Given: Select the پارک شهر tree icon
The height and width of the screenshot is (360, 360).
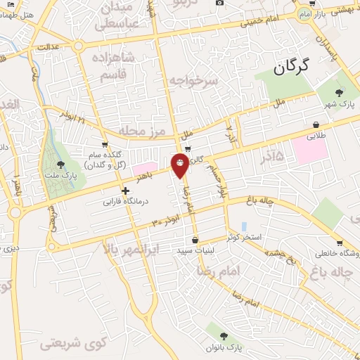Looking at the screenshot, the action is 340,91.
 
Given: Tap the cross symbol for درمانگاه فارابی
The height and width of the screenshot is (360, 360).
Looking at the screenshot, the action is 125,191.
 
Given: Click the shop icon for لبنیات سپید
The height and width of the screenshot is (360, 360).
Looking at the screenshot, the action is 195,240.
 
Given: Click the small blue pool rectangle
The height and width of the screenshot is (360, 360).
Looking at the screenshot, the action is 244,226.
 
